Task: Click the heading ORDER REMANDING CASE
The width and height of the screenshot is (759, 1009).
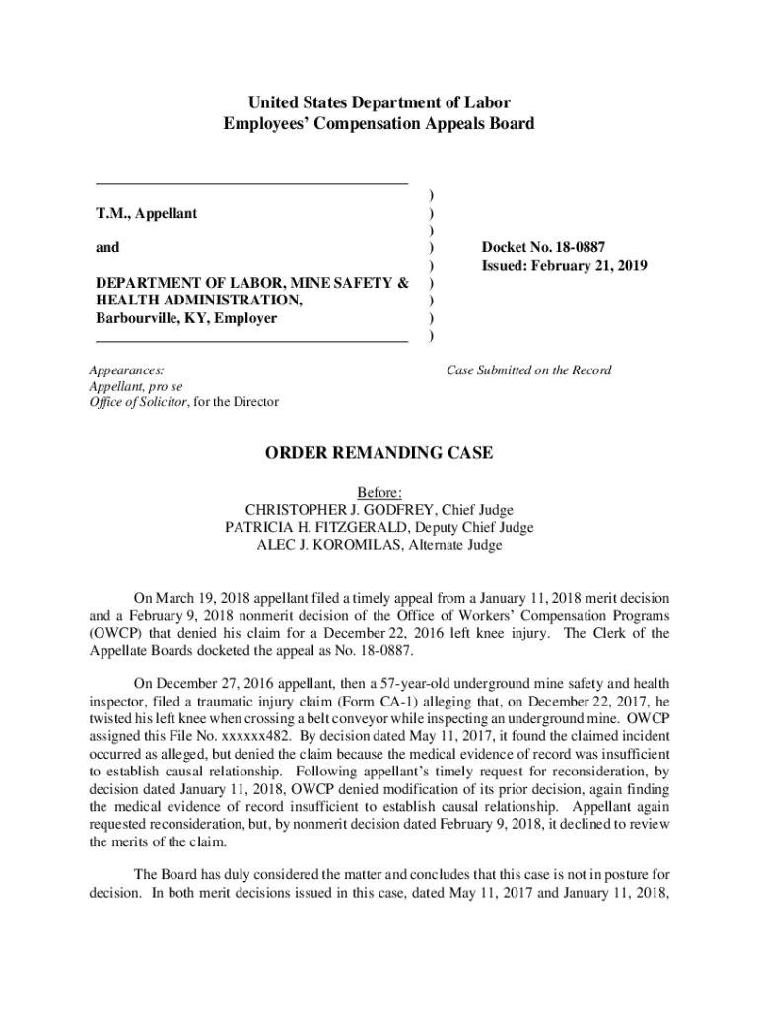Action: tap(379, 453)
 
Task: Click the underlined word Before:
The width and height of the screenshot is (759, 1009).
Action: tap(379, 492)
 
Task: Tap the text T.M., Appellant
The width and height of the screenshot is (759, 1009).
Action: tap(147, 213)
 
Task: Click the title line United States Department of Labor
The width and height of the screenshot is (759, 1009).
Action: tap(379, 102)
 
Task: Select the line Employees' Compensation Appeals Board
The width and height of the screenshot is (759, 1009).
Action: tap(379, 123)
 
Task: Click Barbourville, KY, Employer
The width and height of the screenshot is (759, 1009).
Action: tap(186, 318)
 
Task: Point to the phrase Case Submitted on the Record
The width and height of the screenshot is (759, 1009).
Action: tap(528, 370)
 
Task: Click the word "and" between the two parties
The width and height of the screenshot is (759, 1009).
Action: tap(107, 248)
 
